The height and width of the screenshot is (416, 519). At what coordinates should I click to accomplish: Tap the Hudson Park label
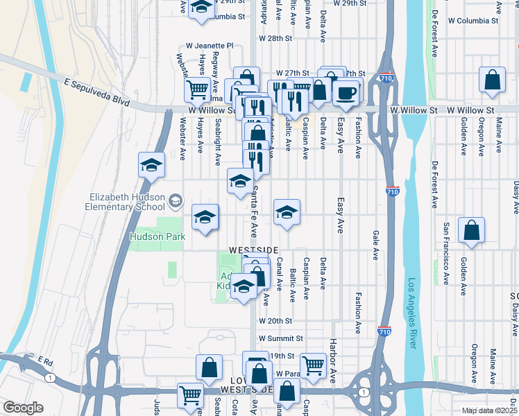(158, 236)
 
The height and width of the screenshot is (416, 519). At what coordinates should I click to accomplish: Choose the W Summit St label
(281, 338)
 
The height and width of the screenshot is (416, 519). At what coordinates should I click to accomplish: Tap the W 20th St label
(276, 321)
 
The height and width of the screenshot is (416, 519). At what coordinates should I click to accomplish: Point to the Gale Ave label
(375, 245)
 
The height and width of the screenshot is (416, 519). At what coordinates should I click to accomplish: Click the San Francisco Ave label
(446, 247)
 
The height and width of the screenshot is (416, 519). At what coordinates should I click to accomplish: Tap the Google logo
(23, 408)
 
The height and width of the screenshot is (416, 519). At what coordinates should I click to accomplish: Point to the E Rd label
(46, 361)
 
